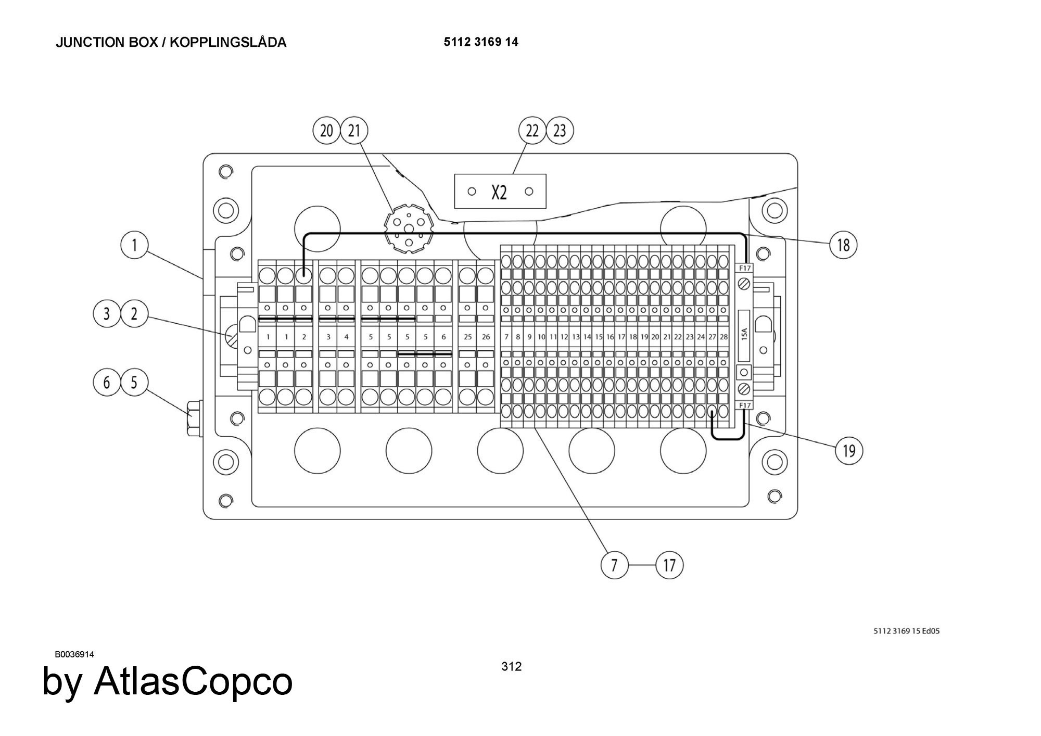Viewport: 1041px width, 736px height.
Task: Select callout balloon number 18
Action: coord(843,245)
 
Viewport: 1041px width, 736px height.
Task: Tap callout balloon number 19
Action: coord(848,450)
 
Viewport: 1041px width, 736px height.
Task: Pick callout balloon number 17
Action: coord(669,565)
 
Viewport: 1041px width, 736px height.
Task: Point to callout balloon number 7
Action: coord(614,565)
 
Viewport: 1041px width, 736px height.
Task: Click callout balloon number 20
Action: coord(326,130)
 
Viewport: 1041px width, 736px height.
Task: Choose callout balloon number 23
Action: coord(560,130)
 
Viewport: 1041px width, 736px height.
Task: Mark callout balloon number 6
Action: coord(107,383)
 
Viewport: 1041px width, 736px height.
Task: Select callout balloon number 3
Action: coord(107,314)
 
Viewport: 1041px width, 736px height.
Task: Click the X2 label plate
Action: coord(500,192)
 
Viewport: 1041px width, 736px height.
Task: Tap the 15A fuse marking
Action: coord(744,333)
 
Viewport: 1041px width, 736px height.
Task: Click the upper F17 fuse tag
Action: coord(745,268)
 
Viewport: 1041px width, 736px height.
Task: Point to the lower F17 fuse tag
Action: coord(745,405)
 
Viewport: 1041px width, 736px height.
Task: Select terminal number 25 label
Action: coord(467,337)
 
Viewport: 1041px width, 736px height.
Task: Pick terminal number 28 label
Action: coord(723,337)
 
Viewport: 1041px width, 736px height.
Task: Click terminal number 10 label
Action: coord(541,337)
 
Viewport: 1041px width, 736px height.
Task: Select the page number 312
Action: coord(511,666)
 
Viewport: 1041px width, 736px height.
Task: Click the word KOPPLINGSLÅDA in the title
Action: coord(228,42)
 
